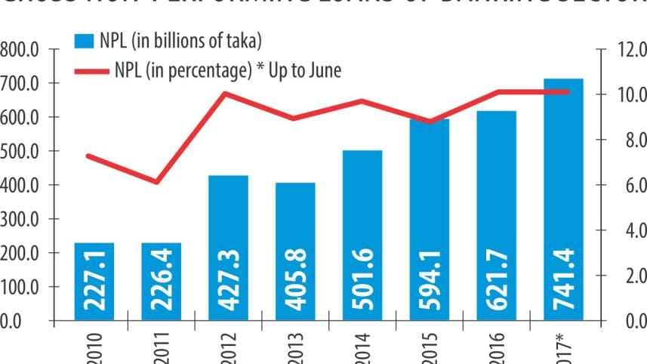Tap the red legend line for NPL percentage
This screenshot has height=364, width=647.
tap(94, 72)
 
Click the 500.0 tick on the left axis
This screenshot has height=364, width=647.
tap(21, 151)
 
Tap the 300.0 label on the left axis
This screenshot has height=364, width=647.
tap(21, 219)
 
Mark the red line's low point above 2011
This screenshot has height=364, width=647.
tap(156, 182)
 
